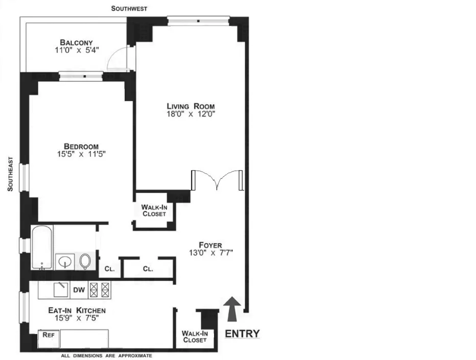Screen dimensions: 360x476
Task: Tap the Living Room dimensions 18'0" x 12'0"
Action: point(191,114)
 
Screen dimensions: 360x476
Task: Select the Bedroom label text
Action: point(78,146)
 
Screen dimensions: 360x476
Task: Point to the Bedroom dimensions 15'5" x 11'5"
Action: point(78,154)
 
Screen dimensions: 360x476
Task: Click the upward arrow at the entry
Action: point(231,309)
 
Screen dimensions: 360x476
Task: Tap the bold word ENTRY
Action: point(242,334)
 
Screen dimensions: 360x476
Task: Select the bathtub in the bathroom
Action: point(41,248)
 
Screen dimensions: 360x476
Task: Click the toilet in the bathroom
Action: point(85,261)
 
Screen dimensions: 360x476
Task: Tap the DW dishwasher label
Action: point(79,290)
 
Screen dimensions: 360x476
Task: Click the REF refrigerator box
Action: point(49,336)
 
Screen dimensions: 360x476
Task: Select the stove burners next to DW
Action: point(100,290)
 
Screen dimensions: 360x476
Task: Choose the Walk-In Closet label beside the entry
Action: point(194,337)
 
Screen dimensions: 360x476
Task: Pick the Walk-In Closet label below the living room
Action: point(154,210)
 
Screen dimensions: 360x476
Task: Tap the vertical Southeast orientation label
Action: point(10,174)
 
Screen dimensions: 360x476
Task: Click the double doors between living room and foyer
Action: point(218,180)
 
